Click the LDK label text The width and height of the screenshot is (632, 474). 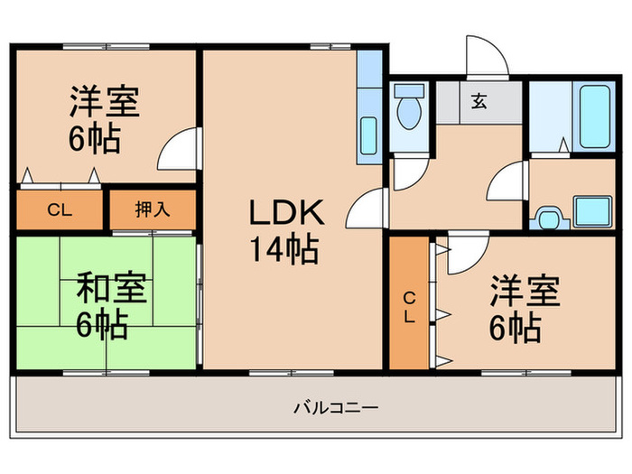coord(284,213)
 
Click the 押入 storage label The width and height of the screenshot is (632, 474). coord(152,210)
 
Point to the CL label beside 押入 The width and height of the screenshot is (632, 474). coord(59,210)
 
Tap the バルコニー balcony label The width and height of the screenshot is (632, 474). coord(336,407)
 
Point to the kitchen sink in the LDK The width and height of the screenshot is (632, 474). coord(368,137)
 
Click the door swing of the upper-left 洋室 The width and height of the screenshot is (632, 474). coord(179,149)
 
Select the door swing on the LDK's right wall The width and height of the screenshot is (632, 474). coord(367,209)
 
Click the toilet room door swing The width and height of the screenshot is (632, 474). coord(404,171)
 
